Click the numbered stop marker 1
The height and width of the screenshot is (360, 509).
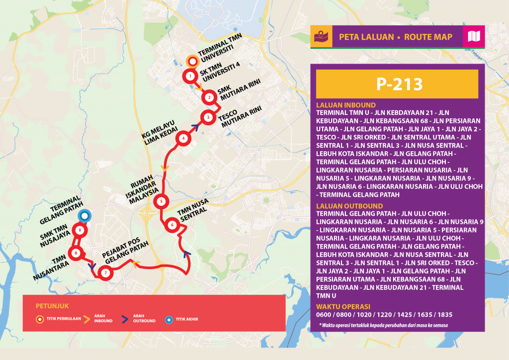point(190,76)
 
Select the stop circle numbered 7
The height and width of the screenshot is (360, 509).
point(105,272)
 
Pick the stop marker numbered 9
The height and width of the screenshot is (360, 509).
point(80,230)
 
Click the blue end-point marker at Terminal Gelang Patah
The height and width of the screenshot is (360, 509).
point(85,216)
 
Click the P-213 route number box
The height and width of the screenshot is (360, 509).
point(397,84)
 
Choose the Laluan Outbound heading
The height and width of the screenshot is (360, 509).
point(349,205)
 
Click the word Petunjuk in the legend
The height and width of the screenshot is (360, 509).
point(52,305)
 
